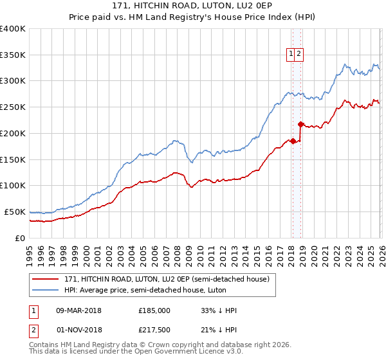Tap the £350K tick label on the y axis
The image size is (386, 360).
13,55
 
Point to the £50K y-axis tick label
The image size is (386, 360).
15,212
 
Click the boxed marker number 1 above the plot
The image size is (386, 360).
292,55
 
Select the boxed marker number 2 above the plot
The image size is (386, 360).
300,55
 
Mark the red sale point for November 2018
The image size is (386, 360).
300,124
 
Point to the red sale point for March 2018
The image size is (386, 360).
293,141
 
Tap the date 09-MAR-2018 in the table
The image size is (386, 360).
78,310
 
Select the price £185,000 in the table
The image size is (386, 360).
154,310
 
